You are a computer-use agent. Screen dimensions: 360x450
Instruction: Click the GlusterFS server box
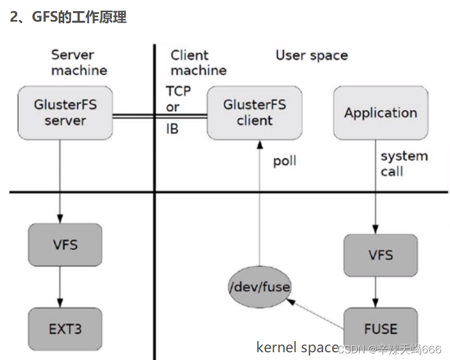tap(65, 113)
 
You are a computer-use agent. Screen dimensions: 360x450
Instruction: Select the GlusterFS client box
tap(254, 113)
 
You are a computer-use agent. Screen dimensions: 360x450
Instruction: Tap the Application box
tap(380, 113)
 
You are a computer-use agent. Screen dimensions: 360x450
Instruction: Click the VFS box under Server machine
tap(65, 245)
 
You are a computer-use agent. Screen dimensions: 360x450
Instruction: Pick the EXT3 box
tap(65, 328)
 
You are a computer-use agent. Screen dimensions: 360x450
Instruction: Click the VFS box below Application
tap(380, 255)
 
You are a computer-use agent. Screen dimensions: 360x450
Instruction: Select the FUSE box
tap(380, 328)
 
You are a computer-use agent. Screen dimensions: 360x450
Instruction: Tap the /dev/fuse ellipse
tap(260, 287)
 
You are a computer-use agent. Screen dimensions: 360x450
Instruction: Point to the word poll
tap(285, 161)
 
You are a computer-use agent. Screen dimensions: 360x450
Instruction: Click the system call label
tap(404, 164)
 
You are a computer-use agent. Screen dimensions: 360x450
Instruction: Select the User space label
tap(311, 55)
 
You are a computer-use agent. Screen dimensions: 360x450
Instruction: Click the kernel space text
tap(297, 348)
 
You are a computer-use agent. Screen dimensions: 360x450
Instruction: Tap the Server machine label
tap(79, 63)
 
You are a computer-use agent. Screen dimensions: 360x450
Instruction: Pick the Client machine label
tap(198, 63)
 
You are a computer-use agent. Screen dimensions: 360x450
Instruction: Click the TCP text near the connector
tap(179, 91)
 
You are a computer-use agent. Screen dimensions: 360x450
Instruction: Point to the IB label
tap(172, 130)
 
